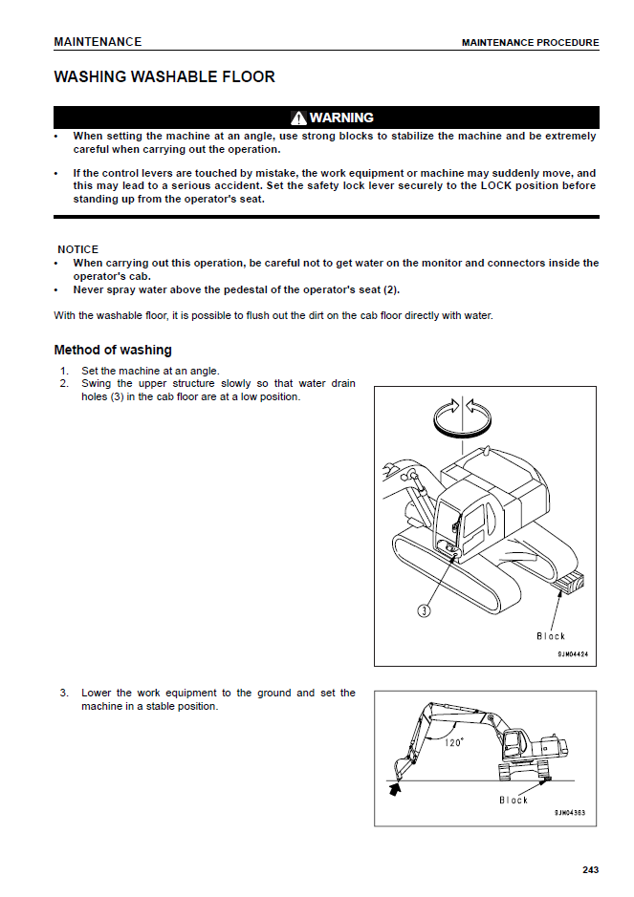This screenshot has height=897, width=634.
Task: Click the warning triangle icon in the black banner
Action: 298,117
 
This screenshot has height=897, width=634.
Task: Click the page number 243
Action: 590,869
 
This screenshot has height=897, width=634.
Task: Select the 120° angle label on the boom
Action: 453,741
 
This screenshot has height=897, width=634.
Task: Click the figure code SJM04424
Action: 572,654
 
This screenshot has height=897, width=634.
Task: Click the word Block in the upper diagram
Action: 551,636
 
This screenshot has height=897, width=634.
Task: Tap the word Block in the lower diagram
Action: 513,800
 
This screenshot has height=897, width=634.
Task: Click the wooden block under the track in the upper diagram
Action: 569,581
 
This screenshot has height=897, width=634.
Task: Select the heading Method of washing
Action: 113,350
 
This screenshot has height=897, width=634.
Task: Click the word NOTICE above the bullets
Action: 77,249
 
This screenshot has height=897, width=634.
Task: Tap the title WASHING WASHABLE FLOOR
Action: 164,76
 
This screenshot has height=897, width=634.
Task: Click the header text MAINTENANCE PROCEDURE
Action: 530,43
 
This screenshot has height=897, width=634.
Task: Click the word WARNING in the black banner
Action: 341,117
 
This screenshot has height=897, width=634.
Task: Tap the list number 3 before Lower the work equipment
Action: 63,693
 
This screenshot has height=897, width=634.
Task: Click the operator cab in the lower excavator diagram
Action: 514,742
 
